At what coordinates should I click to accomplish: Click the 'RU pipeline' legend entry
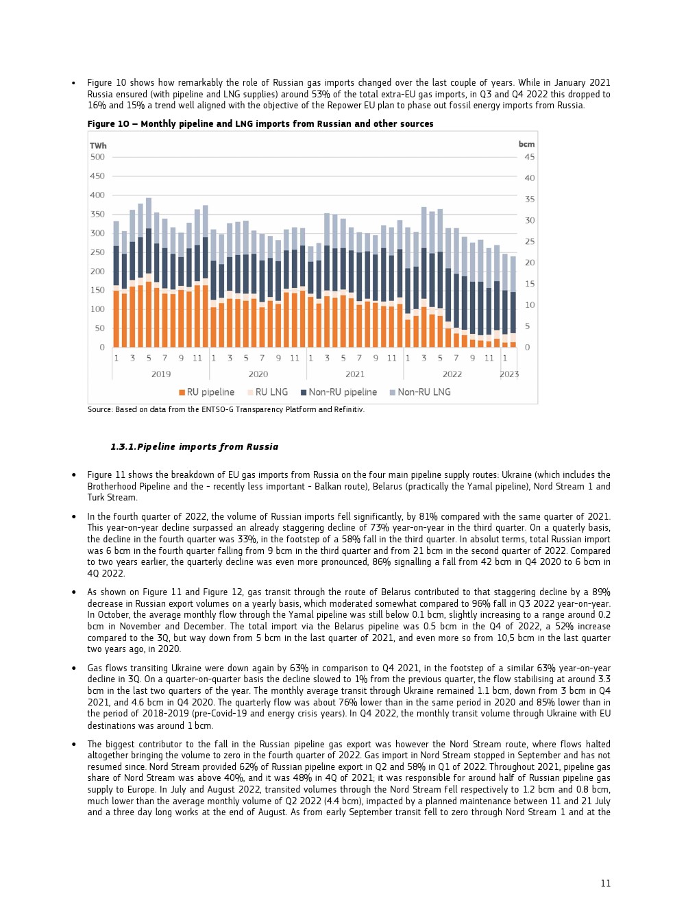[207, 392]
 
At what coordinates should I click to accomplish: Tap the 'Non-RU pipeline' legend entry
[339, 392]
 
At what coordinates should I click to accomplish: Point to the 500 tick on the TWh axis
[97, 157]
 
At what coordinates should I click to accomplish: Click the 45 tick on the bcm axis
[529, 157]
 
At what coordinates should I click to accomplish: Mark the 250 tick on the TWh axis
[97, 252]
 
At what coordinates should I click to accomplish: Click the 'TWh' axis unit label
[98, 145]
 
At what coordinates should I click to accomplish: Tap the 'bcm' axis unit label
[526, 144]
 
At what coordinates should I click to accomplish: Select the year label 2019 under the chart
[161, 374]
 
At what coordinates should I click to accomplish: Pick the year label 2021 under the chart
[355, 374]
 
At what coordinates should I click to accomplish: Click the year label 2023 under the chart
[509, 374]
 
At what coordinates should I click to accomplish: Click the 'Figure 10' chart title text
[260, 124]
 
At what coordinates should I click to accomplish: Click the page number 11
[605, 883]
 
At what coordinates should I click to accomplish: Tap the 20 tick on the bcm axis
[529, 263]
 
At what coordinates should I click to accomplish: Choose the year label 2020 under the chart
[258, 374]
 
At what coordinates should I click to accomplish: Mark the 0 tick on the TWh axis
[102, 348]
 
